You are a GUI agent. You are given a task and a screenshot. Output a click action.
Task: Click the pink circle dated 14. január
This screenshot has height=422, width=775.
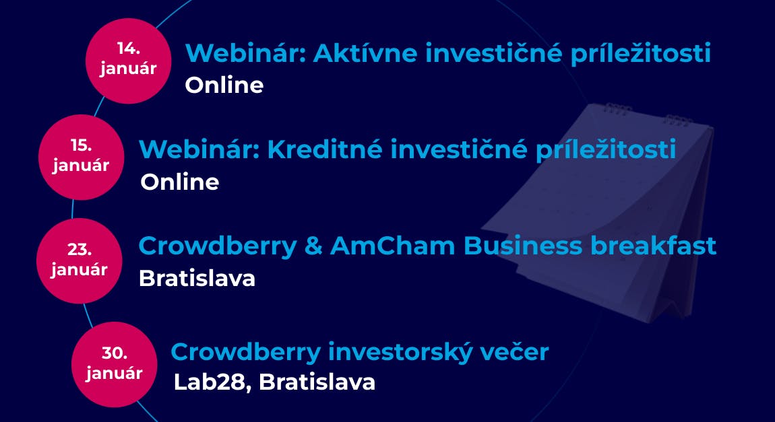[129, 61]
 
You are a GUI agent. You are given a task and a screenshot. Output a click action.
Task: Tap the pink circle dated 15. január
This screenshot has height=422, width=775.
[81, 157]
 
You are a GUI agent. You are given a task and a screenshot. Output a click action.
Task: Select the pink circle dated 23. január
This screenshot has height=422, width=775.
[79, 260]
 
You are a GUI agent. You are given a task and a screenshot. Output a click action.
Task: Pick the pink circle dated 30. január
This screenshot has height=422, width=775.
[114, 364]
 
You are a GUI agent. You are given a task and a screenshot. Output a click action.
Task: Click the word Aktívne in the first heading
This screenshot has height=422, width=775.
[365, 52]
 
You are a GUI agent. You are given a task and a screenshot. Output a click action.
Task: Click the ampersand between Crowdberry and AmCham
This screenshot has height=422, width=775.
[313, 246]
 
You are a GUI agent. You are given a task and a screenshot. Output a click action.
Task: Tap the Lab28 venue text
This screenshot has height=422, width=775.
[210, 382]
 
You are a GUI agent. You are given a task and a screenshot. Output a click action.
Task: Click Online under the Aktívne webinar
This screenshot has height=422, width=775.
[224, 85]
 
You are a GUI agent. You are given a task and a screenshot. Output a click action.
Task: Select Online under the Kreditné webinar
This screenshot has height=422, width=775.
[179, 182]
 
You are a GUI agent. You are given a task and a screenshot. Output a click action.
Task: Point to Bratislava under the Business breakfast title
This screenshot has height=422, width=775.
[197, 279]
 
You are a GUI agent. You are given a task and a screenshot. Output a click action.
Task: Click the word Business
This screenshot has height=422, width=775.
[523, 245]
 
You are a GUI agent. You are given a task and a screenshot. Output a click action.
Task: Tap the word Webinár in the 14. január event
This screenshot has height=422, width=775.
[245, 52]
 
